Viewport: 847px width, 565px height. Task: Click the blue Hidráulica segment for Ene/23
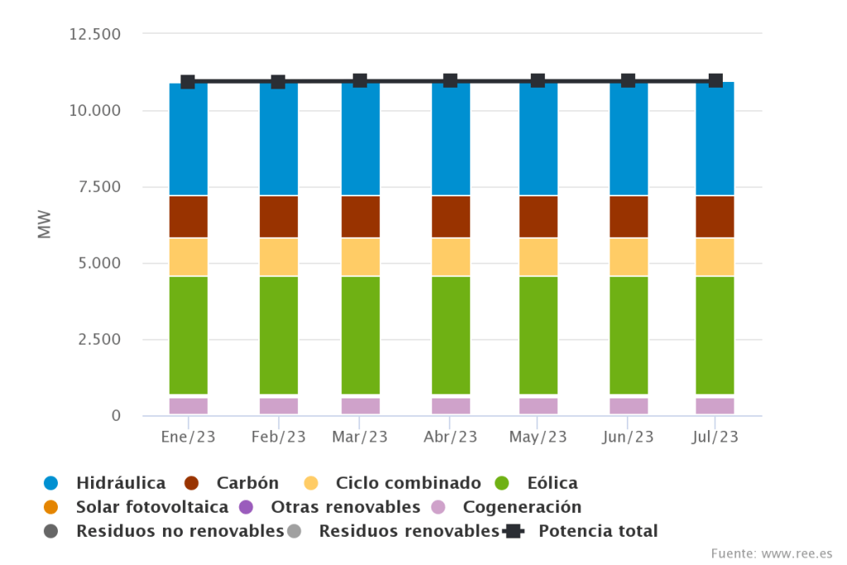[188, 139]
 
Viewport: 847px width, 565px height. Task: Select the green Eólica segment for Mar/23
[361, 335]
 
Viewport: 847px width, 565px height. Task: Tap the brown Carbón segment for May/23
[538, 216]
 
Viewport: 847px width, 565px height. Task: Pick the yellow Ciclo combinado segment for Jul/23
[715, 257]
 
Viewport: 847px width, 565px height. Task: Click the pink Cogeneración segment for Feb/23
[278, 405]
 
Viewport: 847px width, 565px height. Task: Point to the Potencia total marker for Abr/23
[450, 80]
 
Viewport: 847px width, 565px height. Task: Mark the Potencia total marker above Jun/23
[628, 80]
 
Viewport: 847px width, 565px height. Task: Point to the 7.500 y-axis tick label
[95, 187]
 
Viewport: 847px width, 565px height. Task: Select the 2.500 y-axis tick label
[95, 340]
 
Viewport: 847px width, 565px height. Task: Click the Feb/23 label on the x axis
[278, 437]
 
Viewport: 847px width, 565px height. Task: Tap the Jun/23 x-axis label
[628, 437]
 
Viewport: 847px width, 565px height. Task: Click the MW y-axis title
[45, 225]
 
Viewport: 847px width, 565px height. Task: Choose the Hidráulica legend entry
[120, 483]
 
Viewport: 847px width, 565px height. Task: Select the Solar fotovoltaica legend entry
[152, 507]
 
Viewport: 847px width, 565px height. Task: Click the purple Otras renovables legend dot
[245, 507]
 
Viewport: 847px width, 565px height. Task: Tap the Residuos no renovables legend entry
[179, 531]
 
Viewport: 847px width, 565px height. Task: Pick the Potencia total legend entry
[597, 531]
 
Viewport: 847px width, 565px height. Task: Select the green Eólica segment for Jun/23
[628, 335]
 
